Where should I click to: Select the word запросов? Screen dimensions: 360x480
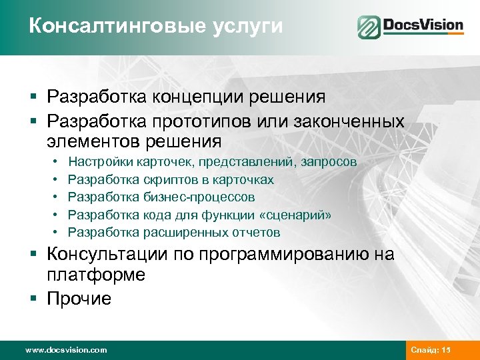tap(329, 162)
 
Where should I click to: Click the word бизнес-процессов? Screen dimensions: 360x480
tap(199, 197)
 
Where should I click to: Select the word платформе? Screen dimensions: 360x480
tap(96, 275)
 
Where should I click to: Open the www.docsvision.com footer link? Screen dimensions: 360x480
tap(65, 350)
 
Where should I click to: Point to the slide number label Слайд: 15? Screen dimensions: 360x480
tap(431, 350)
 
